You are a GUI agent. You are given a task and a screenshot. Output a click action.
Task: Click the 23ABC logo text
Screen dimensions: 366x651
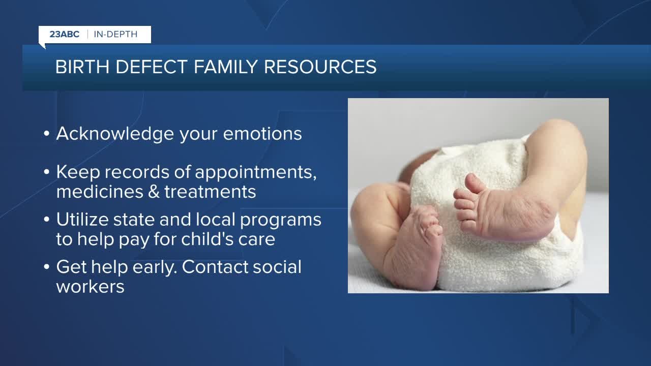tap(64, 35)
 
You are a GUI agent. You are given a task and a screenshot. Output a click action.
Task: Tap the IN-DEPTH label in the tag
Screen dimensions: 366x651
tap(115, 35)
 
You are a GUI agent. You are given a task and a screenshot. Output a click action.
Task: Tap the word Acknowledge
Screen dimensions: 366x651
tap(115, 134)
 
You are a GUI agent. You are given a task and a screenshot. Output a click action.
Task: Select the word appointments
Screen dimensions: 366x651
tap(256, 173)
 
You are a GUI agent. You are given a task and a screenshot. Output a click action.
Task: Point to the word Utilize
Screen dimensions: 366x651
tap(82, 220)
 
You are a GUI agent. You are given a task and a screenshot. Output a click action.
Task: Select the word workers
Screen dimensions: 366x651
tap(90, 286)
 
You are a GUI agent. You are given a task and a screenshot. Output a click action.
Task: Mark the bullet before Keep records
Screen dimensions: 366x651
tap(47, 173)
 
